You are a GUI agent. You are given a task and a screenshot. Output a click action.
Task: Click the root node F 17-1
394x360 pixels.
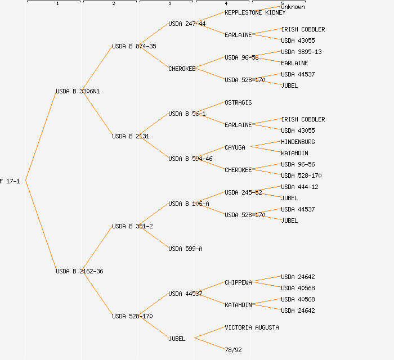click(10, 181)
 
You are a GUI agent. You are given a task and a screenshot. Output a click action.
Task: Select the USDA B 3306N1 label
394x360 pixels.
click(78, 91)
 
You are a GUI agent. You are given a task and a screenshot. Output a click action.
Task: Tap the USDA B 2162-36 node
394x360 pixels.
click(79, 271)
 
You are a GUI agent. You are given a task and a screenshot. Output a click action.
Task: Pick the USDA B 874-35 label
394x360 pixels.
click(134, 46)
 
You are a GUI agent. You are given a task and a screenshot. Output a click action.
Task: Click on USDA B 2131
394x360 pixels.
click(131, 136)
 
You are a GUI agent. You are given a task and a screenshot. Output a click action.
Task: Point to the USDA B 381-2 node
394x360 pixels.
click(132, 226)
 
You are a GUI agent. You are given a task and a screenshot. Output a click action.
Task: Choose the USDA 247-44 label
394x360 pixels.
click(187, 24)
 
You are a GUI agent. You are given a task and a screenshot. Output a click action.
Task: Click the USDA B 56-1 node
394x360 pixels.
click(187, 114)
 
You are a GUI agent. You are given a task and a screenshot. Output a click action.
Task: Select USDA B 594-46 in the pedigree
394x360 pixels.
click(190, 159)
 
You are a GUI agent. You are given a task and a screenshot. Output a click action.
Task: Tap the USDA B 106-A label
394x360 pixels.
click(189, 204)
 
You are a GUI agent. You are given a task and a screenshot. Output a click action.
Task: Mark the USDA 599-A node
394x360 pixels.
click(185, 249)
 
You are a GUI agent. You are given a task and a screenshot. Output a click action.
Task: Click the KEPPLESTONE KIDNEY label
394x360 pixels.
click(255, 12)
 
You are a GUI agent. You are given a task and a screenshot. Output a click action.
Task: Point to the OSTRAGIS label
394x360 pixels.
click(238, 102)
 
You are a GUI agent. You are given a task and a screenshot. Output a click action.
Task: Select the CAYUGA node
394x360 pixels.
click(235, 147)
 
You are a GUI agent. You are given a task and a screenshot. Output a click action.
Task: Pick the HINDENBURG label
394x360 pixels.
click(298, 142)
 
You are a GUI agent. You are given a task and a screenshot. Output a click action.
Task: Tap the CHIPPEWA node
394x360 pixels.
click(238, 282)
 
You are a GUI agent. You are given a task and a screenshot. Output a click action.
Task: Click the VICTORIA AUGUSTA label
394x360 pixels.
click(252, 327)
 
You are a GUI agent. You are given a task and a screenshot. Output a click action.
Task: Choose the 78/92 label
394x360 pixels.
click(233, 350)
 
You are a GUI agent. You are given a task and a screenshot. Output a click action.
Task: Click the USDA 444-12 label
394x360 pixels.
click(299, 187)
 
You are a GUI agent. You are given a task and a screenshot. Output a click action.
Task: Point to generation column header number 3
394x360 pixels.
click(169, 4)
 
